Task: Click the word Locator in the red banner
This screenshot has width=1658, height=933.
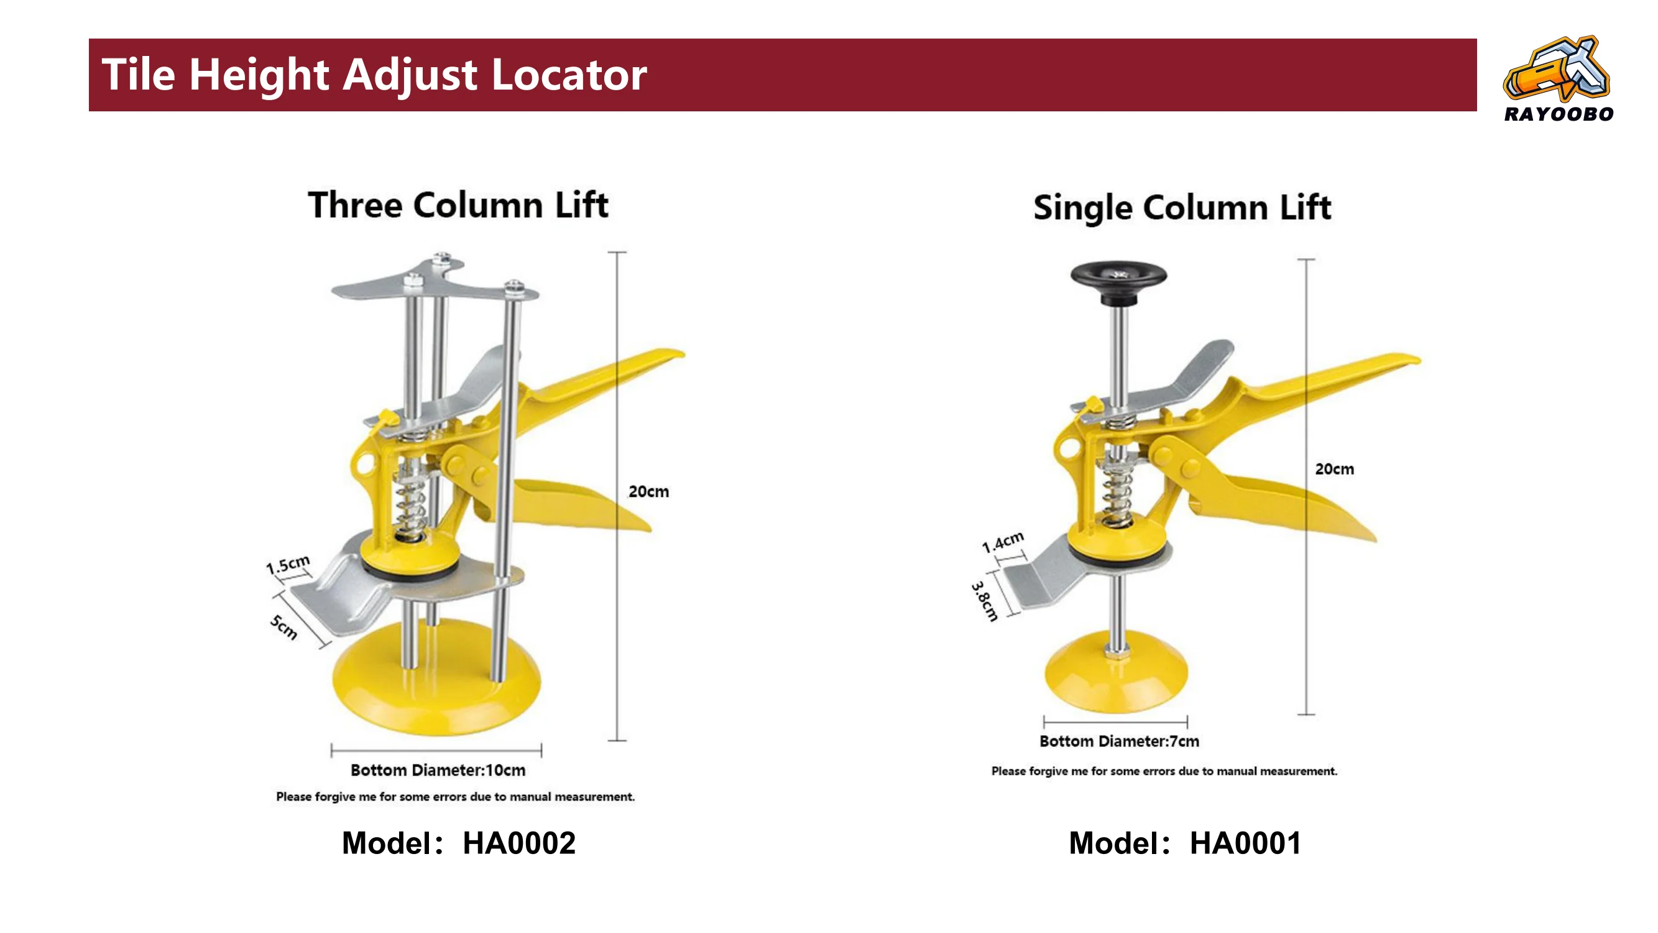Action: pyautogui.click(x=568, y=74)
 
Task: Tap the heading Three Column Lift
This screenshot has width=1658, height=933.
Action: pyautogui.click(x=458, y=205)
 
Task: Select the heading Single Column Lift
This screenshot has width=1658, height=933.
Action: pyautogui.click(x=1182, y=207)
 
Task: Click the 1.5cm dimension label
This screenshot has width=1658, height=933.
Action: pyautogui.click(x=288, y=565)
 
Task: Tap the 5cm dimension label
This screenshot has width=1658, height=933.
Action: pyautogui.click(x=284, y=627)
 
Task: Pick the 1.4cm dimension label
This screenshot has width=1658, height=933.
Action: pyautogui.click(x=1002, y=542)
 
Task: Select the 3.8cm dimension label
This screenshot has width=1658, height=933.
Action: pyautogui.click(x=984, y=601)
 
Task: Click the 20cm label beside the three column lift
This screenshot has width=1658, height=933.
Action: pyautogui.click(x=648, y=491)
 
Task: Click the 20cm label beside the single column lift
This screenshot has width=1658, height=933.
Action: pyautogui.click(x=1334, y=469)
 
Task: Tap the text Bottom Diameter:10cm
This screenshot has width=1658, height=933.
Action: pyautogui.click(x=438, y=770)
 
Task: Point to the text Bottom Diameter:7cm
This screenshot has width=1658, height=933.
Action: pyautogui.click(x=1119, y=741)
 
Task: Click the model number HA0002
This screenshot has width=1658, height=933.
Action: pyautogui.click(x=518, y=843)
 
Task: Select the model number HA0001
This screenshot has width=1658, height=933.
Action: pyautogui.click(x=1245, y=843)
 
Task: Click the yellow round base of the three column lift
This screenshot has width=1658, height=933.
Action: pyautogui.click(x=436, y=679)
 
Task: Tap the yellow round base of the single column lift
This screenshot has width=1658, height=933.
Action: pyautogui.click(x=1115, y=673)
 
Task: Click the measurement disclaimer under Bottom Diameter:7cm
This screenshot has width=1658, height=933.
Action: pyautogui.click(x=1164, y=771)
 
